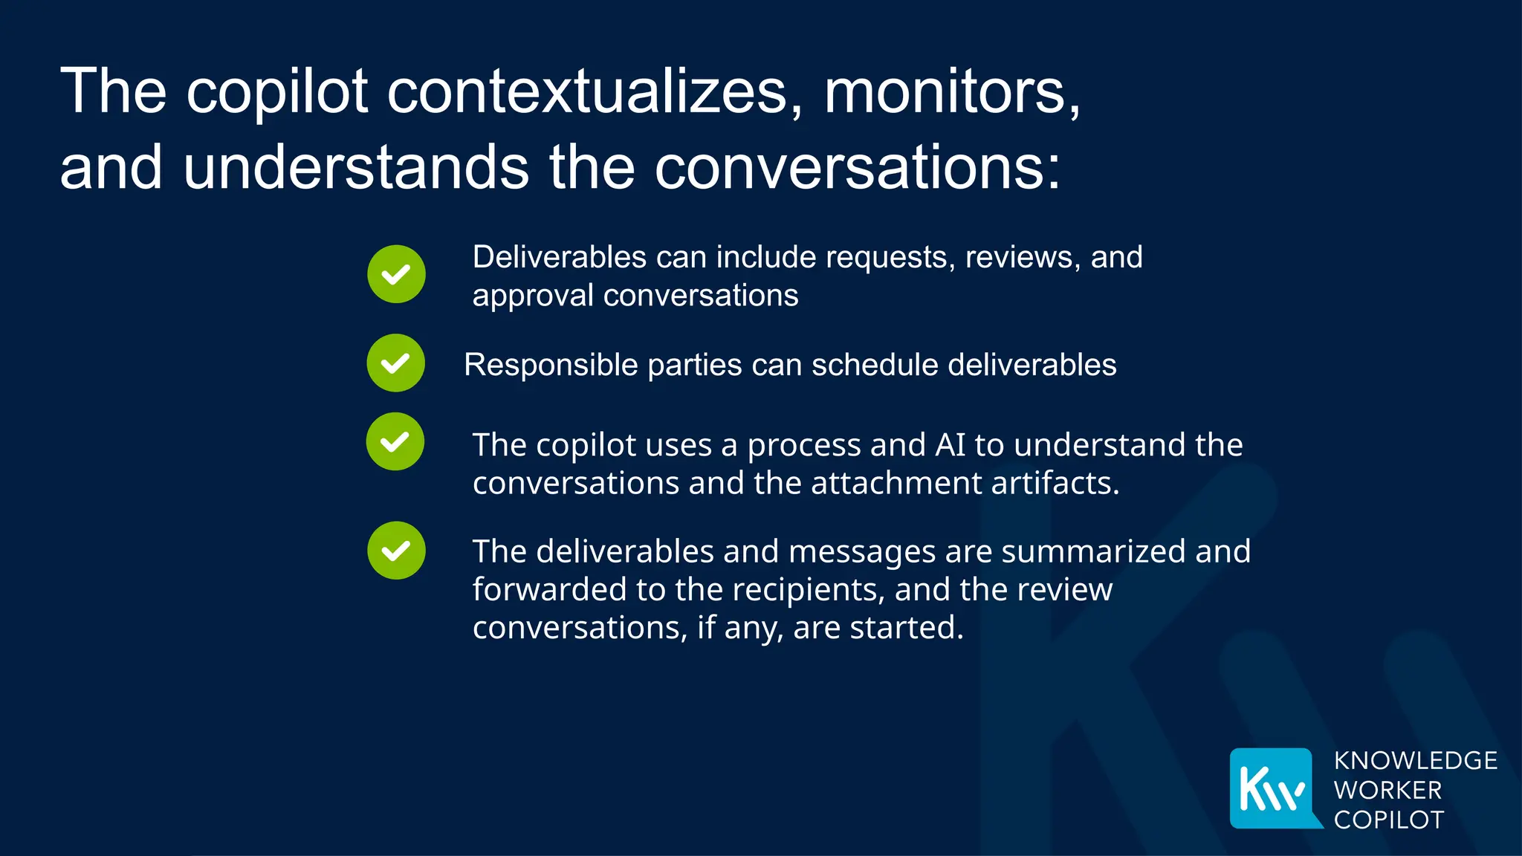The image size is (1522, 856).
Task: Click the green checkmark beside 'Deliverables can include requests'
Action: click(x=396, y=274)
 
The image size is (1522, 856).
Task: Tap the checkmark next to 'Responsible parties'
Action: click(x=395, y=363)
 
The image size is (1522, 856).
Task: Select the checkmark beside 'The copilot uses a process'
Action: click(x=395, y=442)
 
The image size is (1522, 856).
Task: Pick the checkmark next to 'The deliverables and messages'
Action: click(x=396, y=551)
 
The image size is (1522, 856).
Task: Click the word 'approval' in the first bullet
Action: click(x=534, y=296)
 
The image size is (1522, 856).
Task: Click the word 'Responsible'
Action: click(x=551, y=365)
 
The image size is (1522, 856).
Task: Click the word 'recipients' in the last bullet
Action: click(x=809, y=590)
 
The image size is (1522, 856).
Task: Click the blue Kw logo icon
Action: click(x=1273, y=788)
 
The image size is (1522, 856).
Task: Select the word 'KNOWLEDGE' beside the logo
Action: click(x=1415, y=761)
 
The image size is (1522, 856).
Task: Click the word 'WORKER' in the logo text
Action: click(x=1387, y=790)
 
